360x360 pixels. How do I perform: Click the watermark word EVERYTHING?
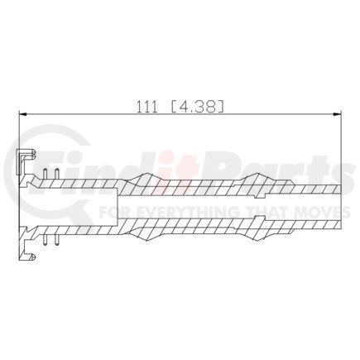tap(177, 212)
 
